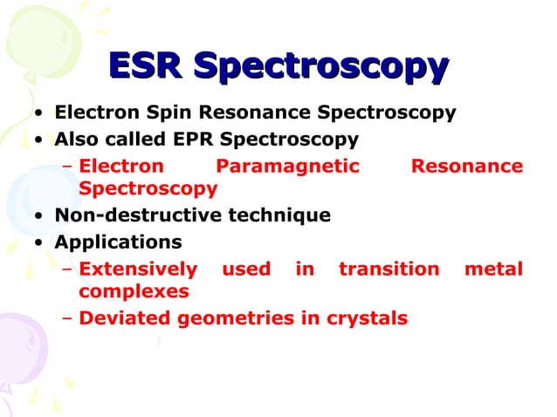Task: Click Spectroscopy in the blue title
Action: tap(320, 68)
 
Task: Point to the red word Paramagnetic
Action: tap(287, 166)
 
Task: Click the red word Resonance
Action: tap(466, 166)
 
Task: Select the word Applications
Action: tap(118, 242)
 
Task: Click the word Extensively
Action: tap(138, 269)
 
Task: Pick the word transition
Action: tap(389, 269)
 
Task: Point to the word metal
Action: tap(493, 269)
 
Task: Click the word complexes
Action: tap(134, 291)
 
